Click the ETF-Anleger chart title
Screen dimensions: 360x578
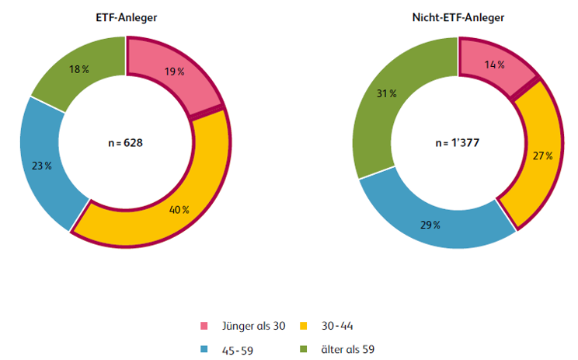125,17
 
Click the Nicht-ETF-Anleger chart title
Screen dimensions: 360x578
458,17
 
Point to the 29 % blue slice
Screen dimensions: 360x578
431,224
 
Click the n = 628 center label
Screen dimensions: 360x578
125,143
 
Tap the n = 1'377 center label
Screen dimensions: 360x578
458,143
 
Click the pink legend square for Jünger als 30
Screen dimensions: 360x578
204,326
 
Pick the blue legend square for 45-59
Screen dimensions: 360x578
204,349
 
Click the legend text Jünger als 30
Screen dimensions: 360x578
252,326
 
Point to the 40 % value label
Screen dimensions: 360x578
179,209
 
